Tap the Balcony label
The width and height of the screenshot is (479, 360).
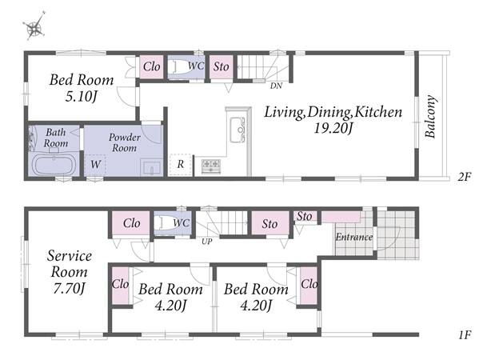[x=430, y=117]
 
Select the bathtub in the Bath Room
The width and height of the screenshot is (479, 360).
[x=54, y=165]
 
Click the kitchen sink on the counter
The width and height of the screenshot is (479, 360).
[x=238, y=130]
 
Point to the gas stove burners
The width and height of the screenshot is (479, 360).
[x=211, y=166]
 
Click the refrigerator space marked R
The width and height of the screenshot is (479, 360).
[x=180, y=165]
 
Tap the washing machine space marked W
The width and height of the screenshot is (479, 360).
[x=95, y=165]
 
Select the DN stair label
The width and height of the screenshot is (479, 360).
[x=276, y=86]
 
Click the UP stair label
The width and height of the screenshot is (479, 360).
[x=206, y=242]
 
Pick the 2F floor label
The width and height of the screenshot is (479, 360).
[x=465, y=177]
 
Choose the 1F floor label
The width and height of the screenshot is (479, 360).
[x=465, y=335]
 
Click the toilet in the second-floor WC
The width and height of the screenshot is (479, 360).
[x=180, y=66]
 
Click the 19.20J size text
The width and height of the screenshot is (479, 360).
[x=333, y=128]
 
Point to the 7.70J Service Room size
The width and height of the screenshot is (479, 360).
[x=69, y=288]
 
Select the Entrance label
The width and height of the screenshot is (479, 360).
[x=354, y=237]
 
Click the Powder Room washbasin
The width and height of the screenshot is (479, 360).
[x=152, y=167]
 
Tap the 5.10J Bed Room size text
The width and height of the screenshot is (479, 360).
[x=82, y=97]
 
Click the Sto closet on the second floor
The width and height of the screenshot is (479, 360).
[x=221, y=66]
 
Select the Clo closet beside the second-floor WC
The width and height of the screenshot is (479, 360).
[x=151, y=66]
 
